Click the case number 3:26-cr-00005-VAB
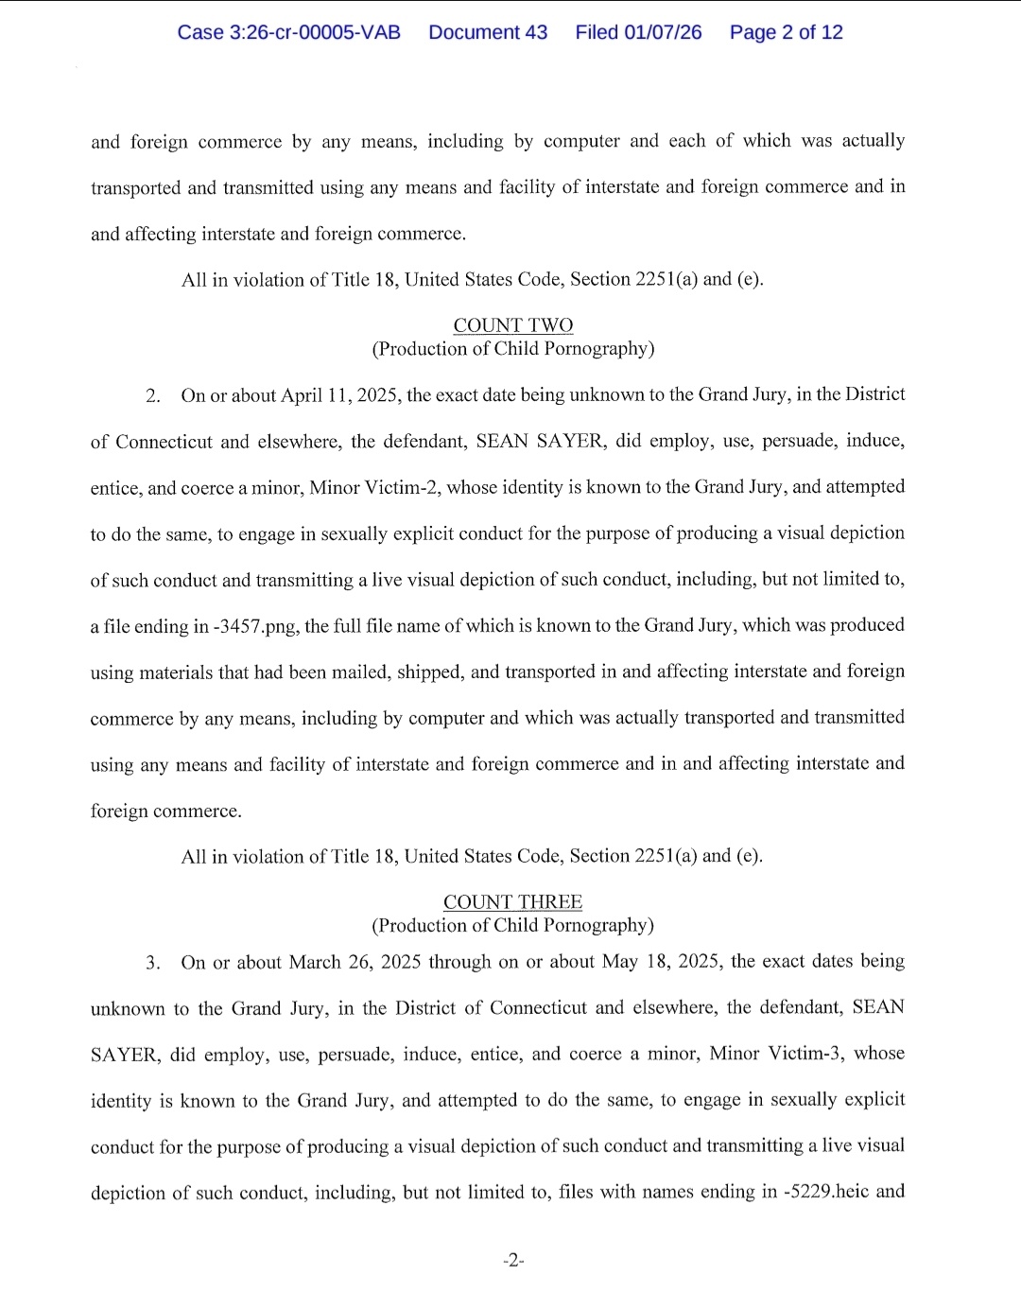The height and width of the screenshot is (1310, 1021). pyautogui.click(x=288, y=32)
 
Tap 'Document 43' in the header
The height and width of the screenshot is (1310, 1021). pyautogui.click(x=488, y=32)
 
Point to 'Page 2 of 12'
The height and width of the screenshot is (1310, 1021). pyautogui.click(x=786, y=32)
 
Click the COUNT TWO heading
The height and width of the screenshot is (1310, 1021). pyautogui.click(x=513, y=325)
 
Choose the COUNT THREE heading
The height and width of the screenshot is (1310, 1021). pyautogui.click(x=513, y=902)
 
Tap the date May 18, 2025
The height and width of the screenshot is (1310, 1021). pyautogui.click(x=662, y=962)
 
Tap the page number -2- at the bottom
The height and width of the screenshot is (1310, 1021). pyautogui.click(x=513, y=1260)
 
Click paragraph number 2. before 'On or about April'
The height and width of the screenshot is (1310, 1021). pyautogui.click(x=153, y=396)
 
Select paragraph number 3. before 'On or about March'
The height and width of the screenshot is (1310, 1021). pyautogui.click(x=153, y=963)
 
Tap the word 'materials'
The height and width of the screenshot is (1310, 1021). pyautogui.click(x=175, y=672)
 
